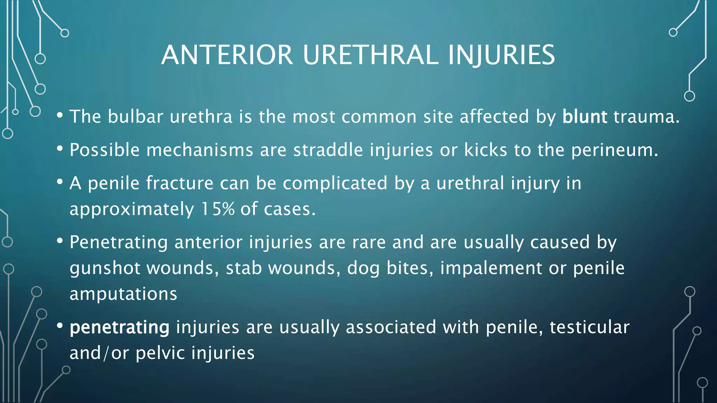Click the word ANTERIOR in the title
pos(227,55)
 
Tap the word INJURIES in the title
pos(501,55)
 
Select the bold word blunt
pos(584,116)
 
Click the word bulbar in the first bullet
pos(135,116)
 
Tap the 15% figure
pos(218,209)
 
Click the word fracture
pos(180,183)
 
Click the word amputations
pos(123,294)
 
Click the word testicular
pos(589,327)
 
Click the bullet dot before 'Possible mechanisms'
pos(60,149)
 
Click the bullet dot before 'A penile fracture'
pos(60,182)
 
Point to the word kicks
pos(485,150)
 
